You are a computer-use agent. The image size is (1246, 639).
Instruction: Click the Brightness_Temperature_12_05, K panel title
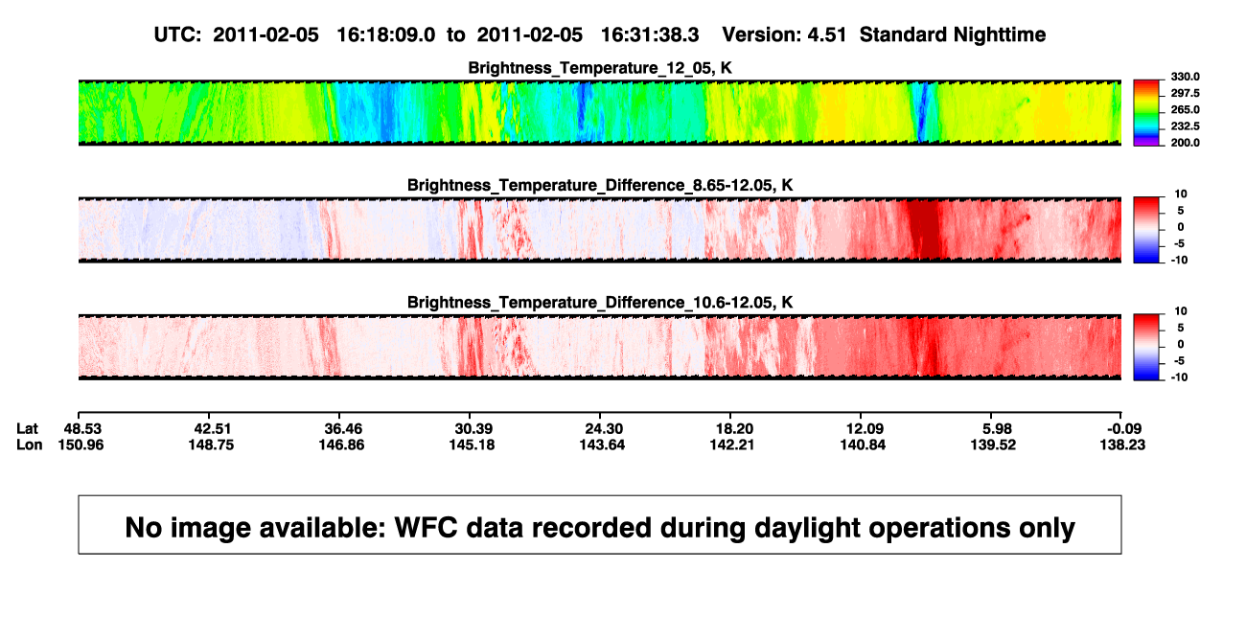(600, 68)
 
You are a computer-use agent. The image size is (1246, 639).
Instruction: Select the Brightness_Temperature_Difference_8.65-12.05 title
(600, 185)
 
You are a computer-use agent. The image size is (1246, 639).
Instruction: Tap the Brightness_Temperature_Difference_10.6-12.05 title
(600, 303)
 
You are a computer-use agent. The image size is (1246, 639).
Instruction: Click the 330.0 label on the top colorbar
(1185, 77)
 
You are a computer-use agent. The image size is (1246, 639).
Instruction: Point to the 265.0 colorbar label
(1185, 109)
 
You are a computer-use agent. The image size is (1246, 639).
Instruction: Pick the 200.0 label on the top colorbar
(1185, 143)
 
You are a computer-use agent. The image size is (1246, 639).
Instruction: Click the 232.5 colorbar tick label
(1185, 126)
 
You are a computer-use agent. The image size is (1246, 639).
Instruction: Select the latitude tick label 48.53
(82, 429)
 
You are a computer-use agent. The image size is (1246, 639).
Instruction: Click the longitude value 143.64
(602, 445)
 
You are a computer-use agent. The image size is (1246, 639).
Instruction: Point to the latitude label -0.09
(1123, 429)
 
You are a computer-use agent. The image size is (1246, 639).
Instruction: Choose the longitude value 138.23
(1122, 445)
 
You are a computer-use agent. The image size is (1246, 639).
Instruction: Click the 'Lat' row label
(27, 429)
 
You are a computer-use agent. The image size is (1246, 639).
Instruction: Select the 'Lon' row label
(29, 445)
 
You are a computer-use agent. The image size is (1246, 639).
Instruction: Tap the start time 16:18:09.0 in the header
(386, 34)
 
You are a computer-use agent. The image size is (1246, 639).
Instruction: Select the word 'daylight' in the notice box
(804, 528)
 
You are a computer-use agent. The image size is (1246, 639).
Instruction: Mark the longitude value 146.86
(341, 445)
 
